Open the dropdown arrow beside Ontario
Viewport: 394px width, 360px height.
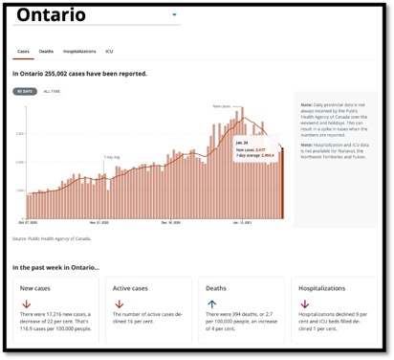[x=174, y=15]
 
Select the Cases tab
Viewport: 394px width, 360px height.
[x=23, y=51]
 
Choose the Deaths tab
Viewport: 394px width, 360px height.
[x=46, y=51]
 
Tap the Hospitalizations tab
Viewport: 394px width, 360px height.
[x=79, y=51]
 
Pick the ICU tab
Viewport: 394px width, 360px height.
[x=109, y=51]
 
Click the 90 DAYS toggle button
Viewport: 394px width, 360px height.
[x=23, y=91]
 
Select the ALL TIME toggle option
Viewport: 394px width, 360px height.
[x=52, y=91]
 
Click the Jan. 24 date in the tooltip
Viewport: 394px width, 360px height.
[x=242, y=142]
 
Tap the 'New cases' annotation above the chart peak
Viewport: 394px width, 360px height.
[x=222, y=106]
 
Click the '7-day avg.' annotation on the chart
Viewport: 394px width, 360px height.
[x=112, y=156]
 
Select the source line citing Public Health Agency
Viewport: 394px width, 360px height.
[x=65, y=238]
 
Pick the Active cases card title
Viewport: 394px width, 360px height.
[x=133, y=288]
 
